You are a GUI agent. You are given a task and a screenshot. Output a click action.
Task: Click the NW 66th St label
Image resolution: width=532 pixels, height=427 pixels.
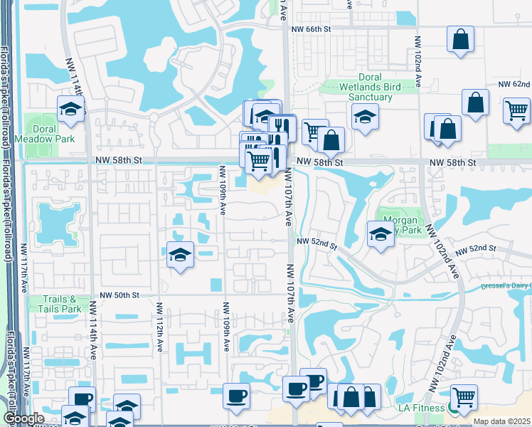coord(312,29)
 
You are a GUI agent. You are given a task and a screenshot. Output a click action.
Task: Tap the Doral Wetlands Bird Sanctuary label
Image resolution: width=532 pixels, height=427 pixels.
coord(360,87)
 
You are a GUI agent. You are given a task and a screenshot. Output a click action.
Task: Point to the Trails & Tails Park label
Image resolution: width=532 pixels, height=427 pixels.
coord(63,305)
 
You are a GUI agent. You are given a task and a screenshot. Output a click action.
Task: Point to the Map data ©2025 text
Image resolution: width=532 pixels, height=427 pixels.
coord(501,421)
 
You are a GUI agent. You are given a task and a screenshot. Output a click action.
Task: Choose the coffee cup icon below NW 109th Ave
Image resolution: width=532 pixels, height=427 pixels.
coord(236,395)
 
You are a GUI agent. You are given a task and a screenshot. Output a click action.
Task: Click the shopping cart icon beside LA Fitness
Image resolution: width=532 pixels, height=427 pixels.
coord(464,397)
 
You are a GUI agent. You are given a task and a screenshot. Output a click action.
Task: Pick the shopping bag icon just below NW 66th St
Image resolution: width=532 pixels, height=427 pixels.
coord(460,38)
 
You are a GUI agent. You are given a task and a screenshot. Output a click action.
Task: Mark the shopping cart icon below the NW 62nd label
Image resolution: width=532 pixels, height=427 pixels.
coord(516,110)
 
